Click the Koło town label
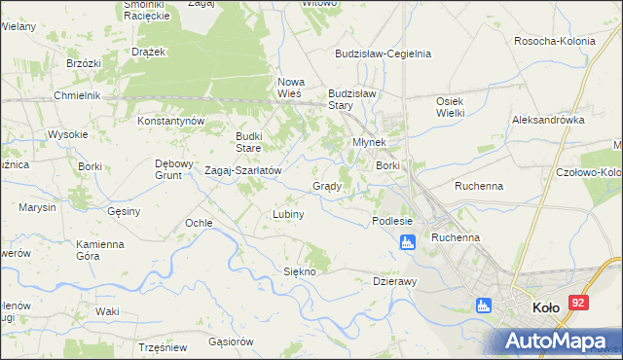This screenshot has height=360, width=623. click(545, 307)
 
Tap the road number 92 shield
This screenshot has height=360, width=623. click(579, 304)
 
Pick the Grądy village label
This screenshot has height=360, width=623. click(326, 186)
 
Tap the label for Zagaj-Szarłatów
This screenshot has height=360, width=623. click(242, 170)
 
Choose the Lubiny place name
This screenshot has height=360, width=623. click(289, 214)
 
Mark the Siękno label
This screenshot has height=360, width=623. click(300, 271)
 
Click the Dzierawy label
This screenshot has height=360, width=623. click(395, 281)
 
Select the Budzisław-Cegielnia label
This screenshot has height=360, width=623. click(383, 54)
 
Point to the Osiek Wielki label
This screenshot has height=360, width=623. click(449, 108)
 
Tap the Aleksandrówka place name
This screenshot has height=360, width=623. click(547, 120)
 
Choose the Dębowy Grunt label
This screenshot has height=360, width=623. click(175, 169)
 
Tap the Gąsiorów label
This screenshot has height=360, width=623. click(231, 342)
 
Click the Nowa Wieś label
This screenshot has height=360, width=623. click(292, 88)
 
